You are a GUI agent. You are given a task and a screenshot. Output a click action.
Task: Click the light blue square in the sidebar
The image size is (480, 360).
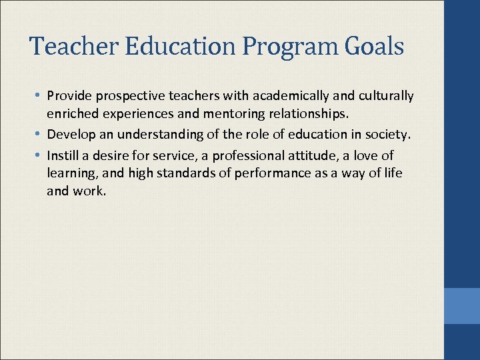point(462,306)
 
